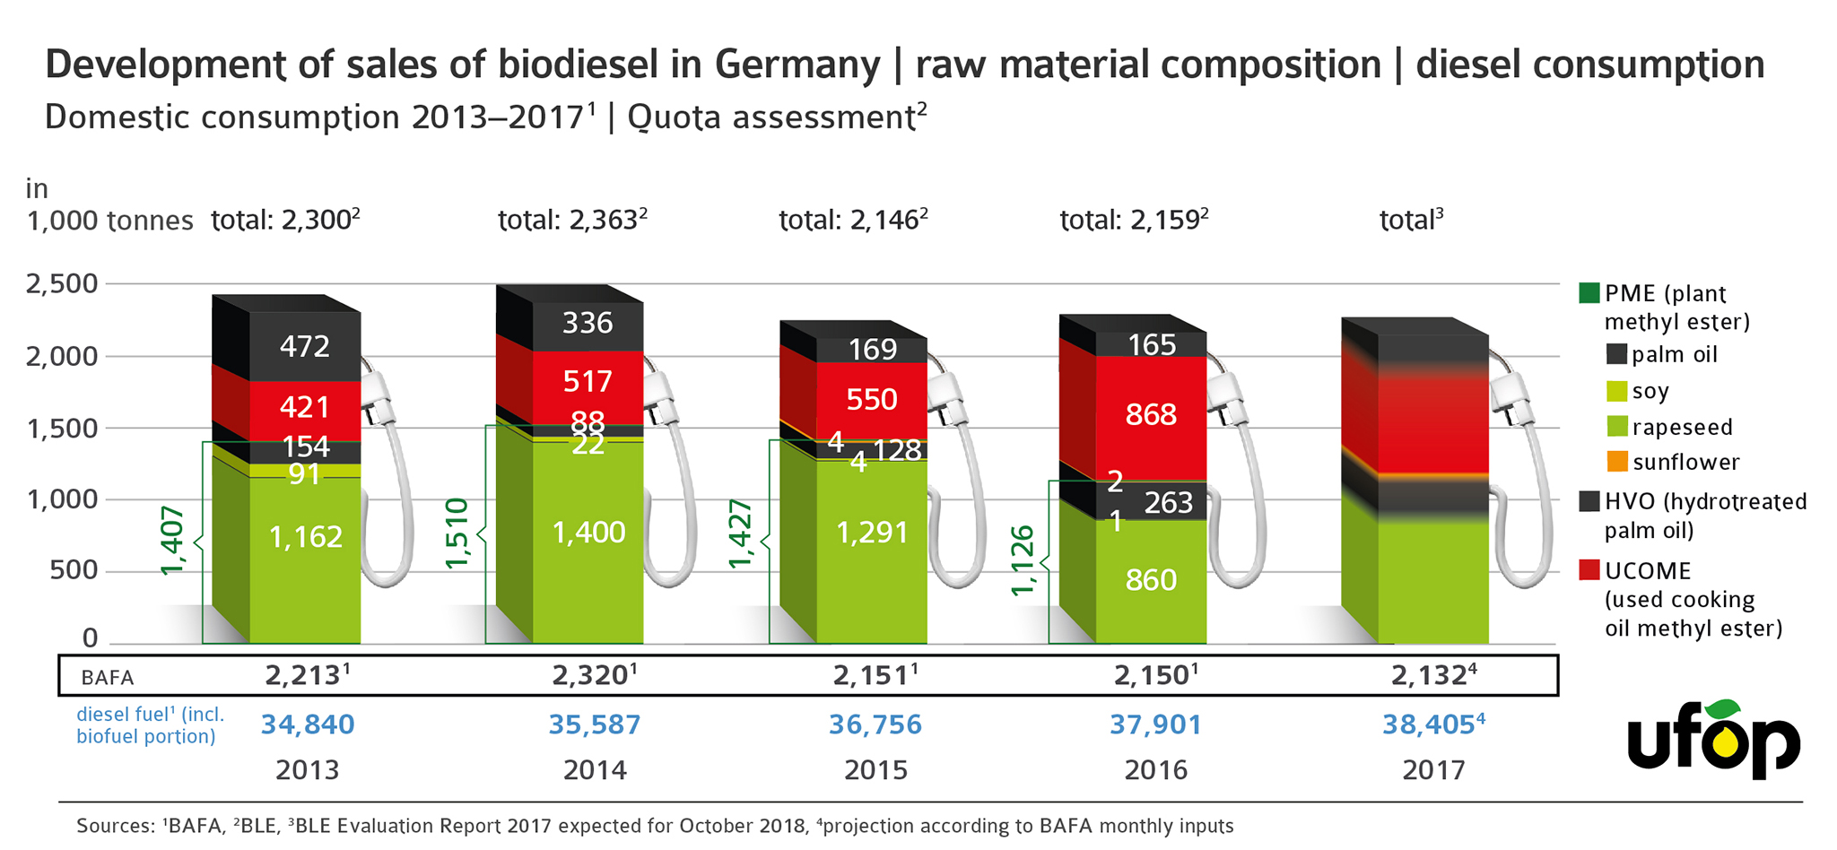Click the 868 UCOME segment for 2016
(x=1151, y=415)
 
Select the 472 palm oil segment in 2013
(x=305, y=346)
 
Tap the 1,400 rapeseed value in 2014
(x=588, y=533)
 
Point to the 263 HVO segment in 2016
(x=1168, y=503)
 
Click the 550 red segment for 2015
(x=872, y=399)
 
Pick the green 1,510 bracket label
(x=457, y=533)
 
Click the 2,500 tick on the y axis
(x=62, y=284)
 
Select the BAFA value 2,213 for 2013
(x=302, y=675)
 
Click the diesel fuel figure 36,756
(x=875, y=724)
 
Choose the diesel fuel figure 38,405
(x=1428, y=724)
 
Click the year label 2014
(x=595, y=770)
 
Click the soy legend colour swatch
(x=1616, y=391)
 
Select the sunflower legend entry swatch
(x=1616, y=462)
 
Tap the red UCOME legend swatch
(x=1589, y=570)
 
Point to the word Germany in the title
(x=797, y=65)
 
